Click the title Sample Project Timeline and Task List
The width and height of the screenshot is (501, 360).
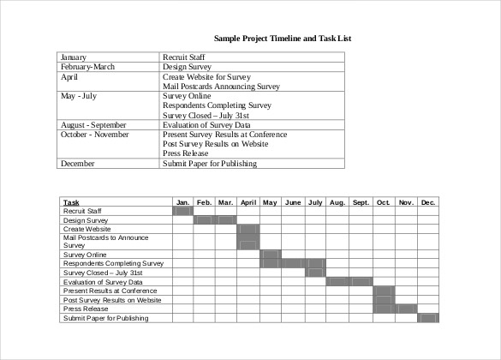tap(283, 39)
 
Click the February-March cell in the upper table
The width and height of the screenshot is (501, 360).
tap(87, 66)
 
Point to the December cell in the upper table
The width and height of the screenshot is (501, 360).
tap(78, 163)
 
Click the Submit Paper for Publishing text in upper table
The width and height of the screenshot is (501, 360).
tap(209, 163)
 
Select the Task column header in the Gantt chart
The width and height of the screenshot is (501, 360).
tap(71, 202)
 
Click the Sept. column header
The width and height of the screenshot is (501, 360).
tap(361, 202)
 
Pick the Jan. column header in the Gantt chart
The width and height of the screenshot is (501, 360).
tap(182, 202)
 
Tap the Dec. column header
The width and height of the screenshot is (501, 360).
tap(428, 202)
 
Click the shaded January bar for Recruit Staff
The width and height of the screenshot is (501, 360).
tap(182, 210)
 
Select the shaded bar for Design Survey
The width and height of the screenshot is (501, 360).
tap(215, 220)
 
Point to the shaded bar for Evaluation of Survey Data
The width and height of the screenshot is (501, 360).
tap(349, 282)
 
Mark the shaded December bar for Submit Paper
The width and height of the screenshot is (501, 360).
tap(428, 318)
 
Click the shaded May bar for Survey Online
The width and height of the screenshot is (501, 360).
tap(271, 254)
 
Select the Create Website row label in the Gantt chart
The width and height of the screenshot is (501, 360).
tap(86, 229)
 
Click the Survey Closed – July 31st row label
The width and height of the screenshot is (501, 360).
tap(104, 273)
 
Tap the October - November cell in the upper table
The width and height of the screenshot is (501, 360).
tap(94, 134)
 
